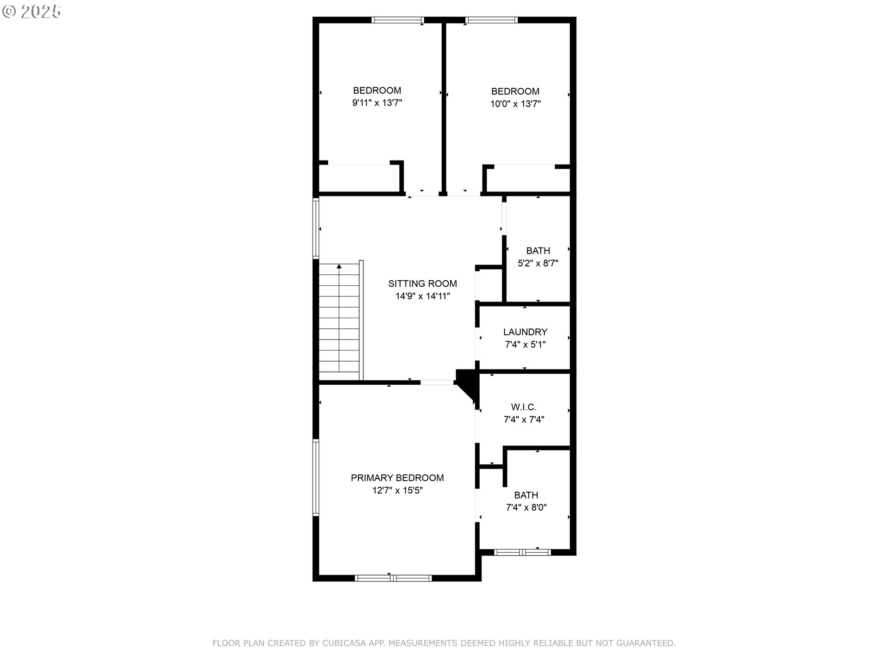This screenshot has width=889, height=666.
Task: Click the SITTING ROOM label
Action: tap(422, 284)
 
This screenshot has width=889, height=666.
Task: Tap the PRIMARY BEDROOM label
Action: tap(397, 478)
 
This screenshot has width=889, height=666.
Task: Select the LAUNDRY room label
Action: tap(525, 332)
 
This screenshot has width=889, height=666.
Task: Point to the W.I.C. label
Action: tap(524, 407)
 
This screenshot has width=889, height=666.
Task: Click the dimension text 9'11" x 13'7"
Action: tap(377, 103)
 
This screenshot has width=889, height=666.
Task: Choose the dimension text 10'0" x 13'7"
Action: tap(515, 104)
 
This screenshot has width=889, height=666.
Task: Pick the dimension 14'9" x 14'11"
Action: tap(422, 296)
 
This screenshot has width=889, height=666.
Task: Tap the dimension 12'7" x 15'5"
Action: tap(397, 490)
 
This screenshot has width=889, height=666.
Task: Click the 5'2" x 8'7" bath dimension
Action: tap(538, 263)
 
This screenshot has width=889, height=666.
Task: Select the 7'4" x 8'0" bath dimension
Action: tap(526, 507)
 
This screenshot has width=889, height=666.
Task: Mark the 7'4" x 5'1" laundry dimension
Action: tap(525, 344)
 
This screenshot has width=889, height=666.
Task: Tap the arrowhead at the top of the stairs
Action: tap(339, 266)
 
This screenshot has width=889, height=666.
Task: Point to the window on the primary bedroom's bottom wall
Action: tap(393, 578)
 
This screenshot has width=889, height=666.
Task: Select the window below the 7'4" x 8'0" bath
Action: tap(522, 552)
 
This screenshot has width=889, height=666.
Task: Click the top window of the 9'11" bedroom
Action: tap(398, 20)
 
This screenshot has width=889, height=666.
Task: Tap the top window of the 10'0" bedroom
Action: tap(492, 20)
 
